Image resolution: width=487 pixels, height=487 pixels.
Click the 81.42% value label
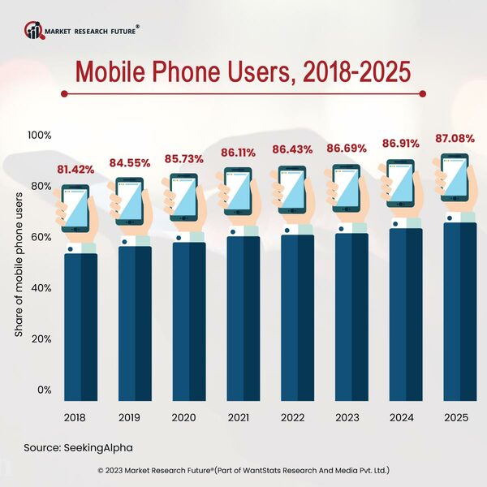(75, 170)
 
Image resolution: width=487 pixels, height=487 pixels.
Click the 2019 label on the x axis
(128, 418)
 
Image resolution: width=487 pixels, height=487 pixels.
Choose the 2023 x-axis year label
(347, 418)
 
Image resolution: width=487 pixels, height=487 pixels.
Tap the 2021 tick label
(239, 418)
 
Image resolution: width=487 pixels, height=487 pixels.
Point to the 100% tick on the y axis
(39, 135)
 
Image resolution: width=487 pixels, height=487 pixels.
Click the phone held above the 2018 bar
(75, 209)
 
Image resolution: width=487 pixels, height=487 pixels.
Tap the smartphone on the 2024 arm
(400, 183)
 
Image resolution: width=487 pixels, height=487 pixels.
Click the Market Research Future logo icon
(34, 31)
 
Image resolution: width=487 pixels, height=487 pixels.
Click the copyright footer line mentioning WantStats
(243, 470)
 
